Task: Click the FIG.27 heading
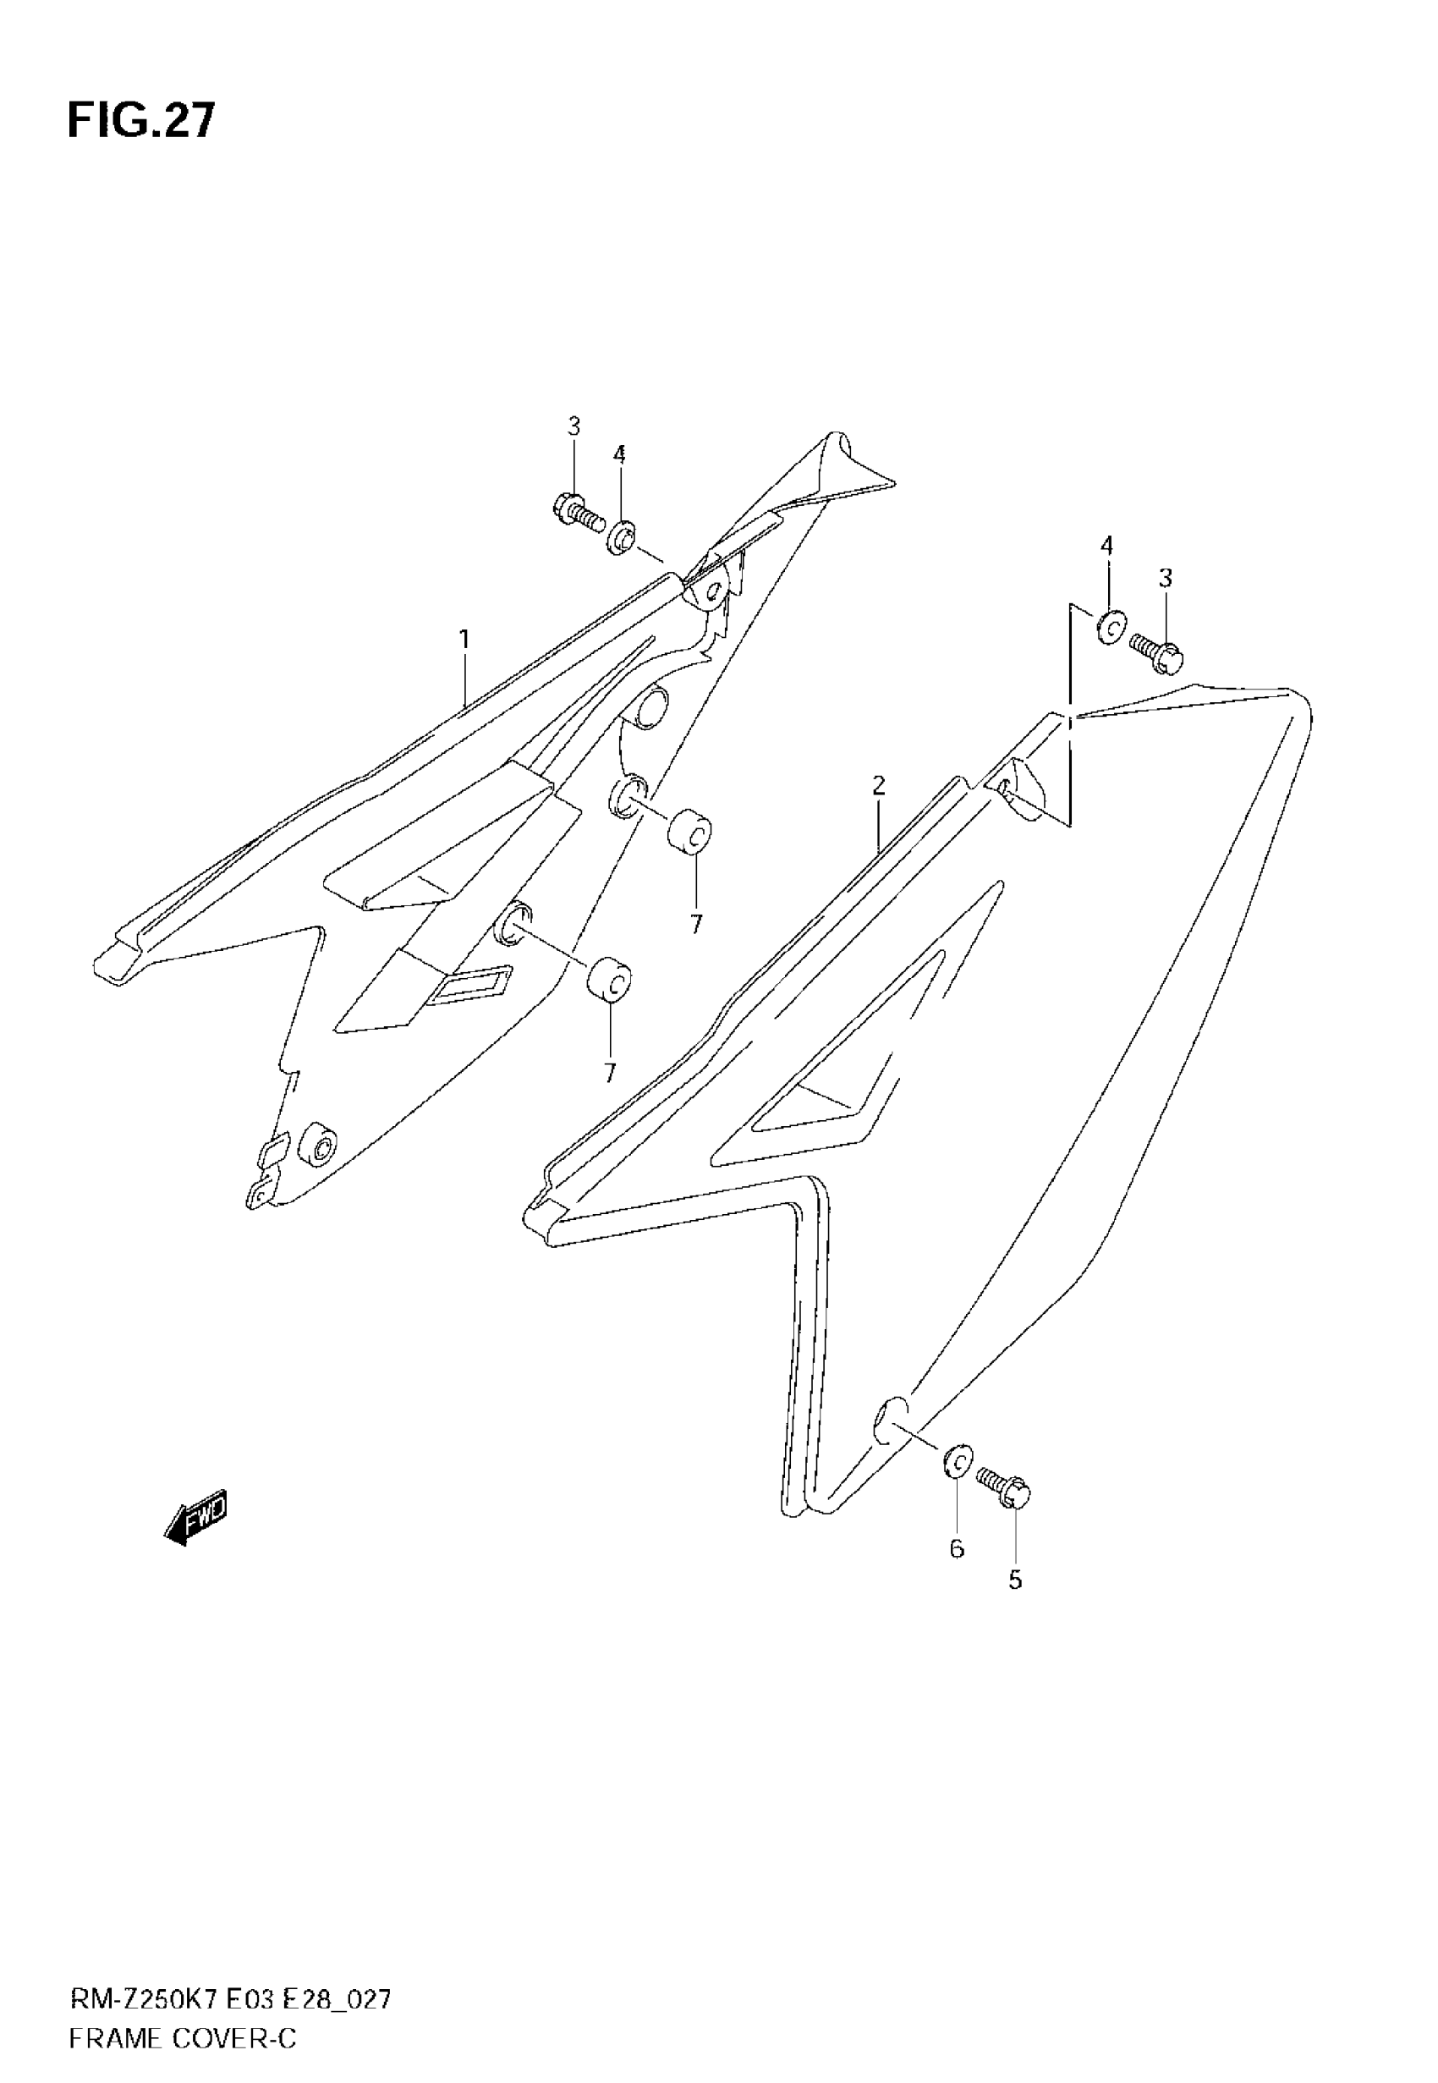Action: [x=141, y=121]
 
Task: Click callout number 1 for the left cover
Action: [x=464, y=640]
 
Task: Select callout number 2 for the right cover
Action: [x=879, y=785]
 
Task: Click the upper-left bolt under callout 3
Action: [x=577, y=513]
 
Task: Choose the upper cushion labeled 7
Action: [x=690, y=832]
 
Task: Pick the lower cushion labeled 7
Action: [x=609, y=978]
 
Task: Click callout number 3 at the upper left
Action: [x=574, y=426]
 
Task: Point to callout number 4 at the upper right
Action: [x=1106, y=545]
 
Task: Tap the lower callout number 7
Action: [x=610, y=1073]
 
